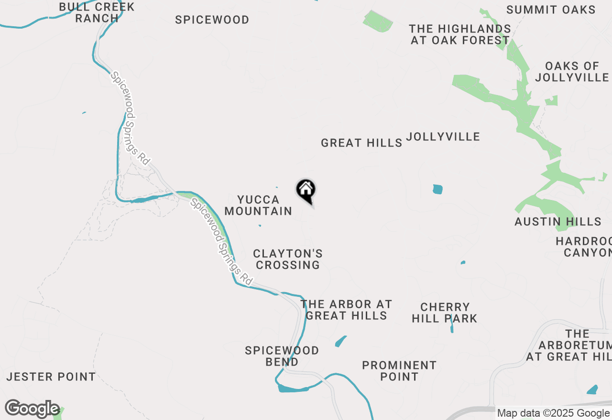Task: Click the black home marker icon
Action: click(x=306, y=190)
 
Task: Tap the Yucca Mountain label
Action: click(x=258, y=205)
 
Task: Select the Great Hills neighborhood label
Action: click(x=361, y=143)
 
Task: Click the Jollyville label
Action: click(x=443, y=137)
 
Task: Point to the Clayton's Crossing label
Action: click(x=288, y=259)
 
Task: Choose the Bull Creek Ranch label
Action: click(x=97, y=13)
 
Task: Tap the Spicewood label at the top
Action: click(x=212, y=20)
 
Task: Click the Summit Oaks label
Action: click(x=551, y=10)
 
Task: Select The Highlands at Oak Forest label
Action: click(x=460, y=35)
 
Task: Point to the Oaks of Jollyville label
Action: click(x=572, y=72)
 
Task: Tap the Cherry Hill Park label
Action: click(x=445, y=313)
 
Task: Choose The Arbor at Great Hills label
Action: click(x=346, y=310)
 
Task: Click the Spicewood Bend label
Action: click(x=282, y=356)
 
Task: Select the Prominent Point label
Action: click(x=399, y=371)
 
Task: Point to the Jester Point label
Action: click(x=51, y=377)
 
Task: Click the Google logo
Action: click(x=32, y=409)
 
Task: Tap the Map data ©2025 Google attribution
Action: click(x=553, y=413)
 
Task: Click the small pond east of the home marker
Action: click(x=437, y=189)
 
